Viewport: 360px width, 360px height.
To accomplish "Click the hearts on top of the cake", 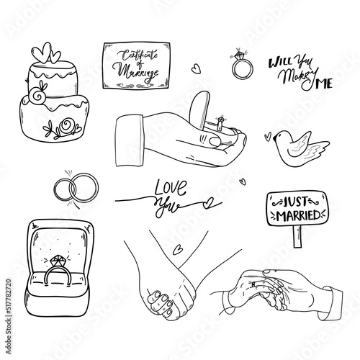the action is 45,53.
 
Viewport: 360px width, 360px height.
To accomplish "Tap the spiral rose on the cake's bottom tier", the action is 66,125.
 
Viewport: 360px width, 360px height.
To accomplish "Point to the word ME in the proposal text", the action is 324,84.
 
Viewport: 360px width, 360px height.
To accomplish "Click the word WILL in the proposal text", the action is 280,63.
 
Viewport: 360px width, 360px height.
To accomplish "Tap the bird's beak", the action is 274,138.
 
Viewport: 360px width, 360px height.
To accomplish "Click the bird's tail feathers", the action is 318,149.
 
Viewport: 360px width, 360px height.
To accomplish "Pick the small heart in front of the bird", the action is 267,136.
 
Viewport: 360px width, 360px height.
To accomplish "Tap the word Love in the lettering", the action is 171,187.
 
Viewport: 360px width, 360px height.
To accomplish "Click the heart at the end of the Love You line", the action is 207,203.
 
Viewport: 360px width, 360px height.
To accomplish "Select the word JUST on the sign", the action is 296,202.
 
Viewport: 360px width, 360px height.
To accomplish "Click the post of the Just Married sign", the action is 297,236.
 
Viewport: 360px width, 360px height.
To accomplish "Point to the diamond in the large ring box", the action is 58,261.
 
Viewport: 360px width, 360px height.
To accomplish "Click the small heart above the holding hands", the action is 177,250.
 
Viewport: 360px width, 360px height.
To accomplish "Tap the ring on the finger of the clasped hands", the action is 253,284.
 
